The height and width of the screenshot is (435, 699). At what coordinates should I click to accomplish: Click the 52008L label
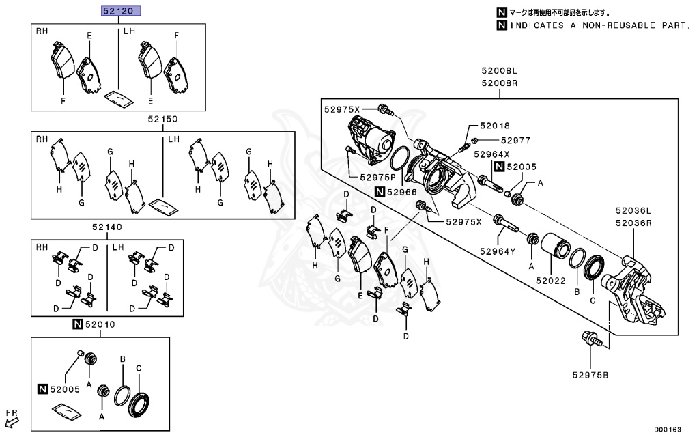pos(499,70)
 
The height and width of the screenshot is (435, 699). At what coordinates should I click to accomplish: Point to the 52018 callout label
pos(494,126)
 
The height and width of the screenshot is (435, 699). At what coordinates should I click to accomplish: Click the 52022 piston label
pos(551,280)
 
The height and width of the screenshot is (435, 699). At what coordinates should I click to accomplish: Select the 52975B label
pos(590,374)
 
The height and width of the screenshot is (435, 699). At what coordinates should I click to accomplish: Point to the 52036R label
pos(633,223)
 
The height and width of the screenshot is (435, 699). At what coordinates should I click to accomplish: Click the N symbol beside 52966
pos(380,193)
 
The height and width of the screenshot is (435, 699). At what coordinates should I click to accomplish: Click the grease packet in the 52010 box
pos(67,412)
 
